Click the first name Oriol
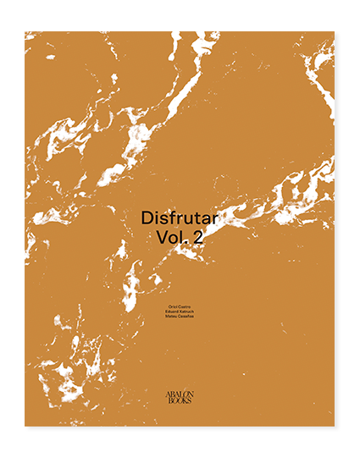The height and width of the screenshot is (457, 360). [172, 306]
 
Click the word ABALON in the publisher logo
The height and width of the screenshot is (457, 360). [180, 394]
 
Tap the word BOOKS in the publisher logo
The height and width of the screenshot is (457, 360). [180, 400]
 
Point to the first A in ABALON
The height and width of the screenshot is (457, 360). [167, 394]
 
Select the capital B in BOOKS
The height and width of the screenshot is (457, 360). [169, 400]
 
